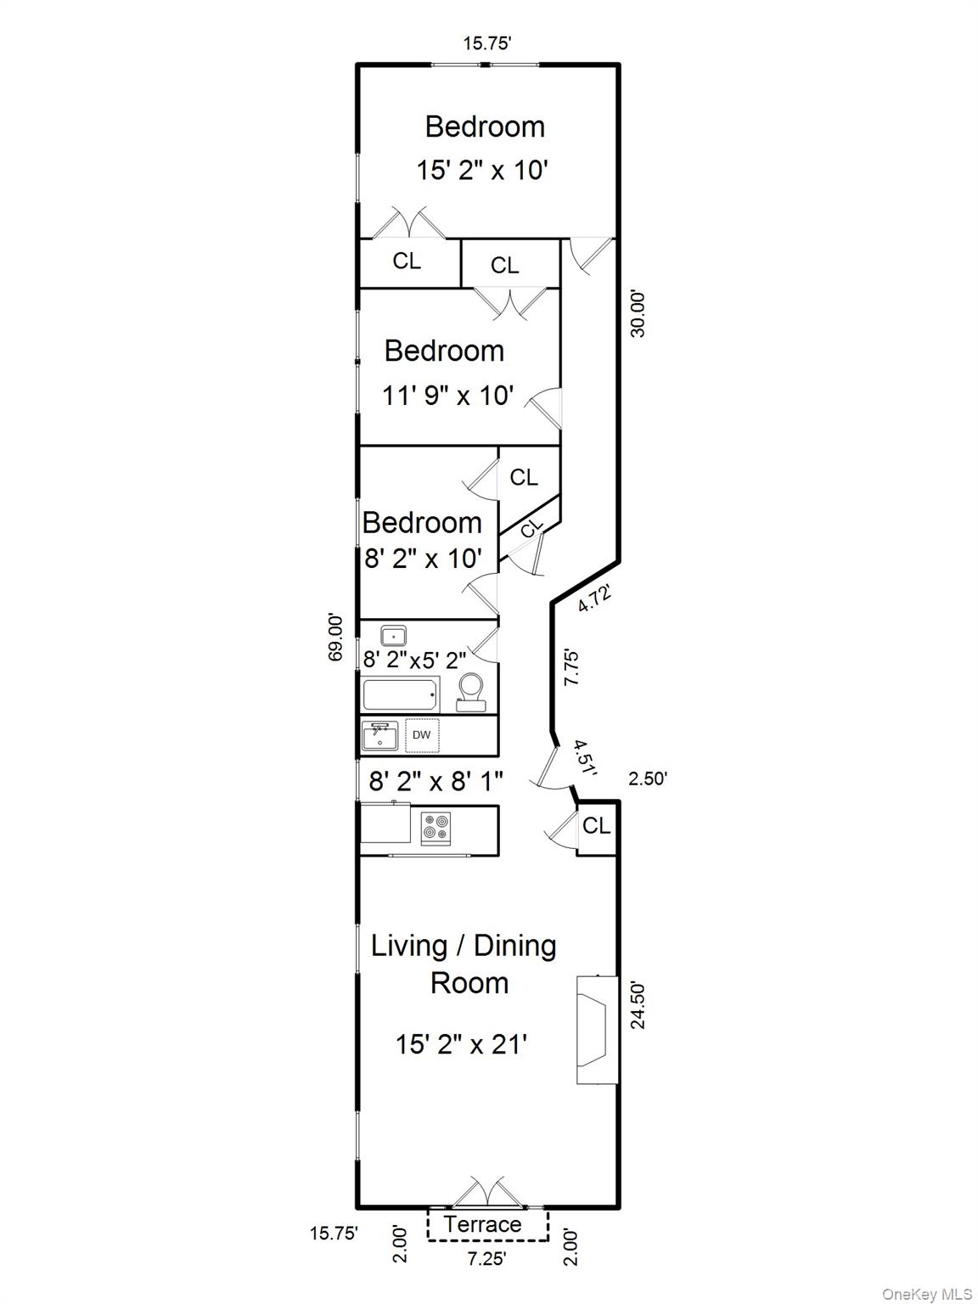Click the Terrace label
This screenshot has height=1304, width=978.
(x=482, y=1224)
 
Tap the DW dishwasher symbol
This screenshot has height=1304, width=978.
(x=422, y=735)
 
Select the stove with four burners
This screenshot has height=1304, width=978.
(x=436, y=828)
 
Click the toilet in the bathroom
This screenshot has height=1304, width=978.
(x=471, y=693)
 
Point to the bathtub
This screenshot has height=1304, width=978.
(x=401, y=694)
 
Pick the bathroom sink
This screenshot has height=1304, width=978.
(x=393, y=636)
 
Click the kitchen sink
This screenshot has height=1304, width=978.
(x=380, y=735)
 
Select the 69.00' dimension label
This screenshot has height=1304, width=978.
(x=336, y=638)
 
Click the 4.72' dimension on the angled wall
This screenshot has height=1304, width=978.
(x=594, y=599)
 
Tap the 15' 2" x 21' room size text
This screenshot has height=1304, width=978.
(x=461, y=1043)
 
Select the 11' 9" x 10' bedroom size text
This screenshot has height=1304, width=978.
(x=447, y=395)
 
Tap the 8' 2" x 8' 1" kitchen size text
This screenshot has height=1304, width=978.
(x=436, y=781)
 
